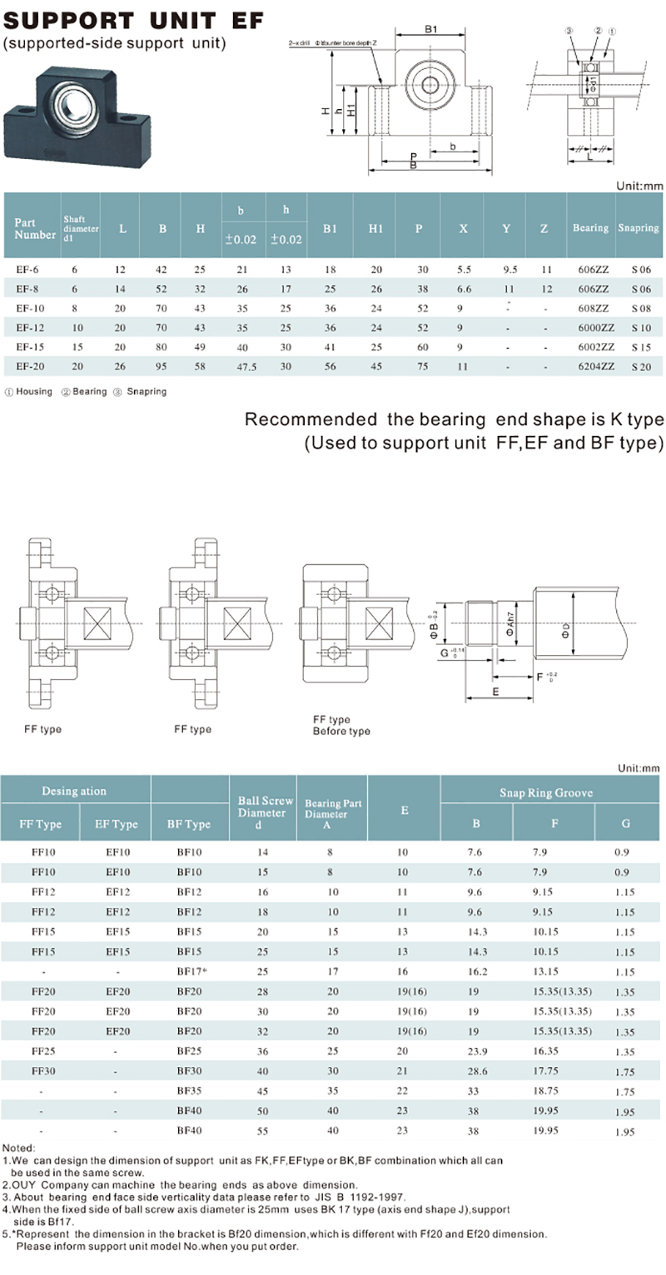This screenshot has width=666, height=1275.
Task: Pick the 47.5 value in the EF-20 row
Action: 242,365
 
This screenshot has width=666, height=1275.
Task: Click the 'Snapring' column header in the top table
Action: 639,228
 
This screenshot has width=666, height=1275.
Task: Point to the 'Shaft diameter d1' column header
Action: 81,228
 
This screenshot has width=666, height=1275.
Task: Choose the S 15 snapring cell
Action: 639,346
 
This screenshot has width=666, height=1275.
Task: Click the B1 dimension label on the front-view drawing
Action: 431,30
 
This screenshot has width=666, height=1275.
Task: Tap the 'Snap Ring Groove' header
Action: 545,792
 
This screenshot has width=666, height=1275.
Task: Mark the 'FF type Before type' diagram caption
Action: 341,725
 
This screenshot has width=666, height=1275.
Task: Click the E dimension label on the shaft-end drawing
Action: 495,691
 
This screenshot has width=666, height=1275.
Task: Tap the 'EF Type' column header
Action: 117,824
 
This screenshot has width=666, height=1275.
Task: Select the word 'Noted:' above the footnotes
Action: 19,1148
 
